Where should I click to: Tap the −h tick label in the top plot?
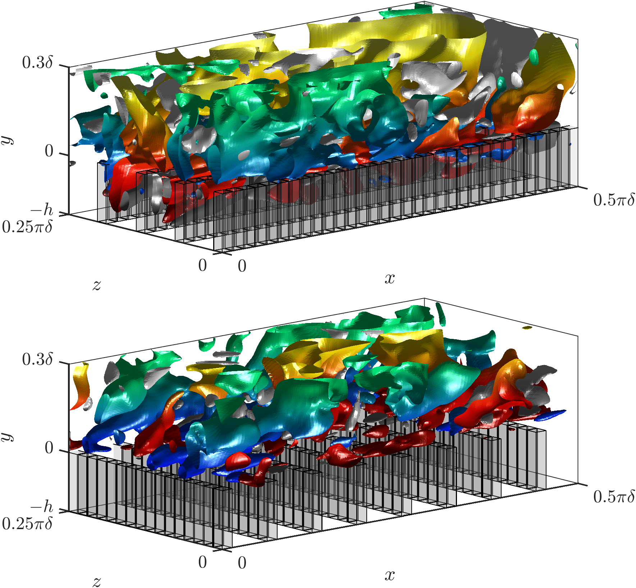point(42,210)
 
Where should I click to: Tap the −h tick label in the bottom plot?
point(42,507)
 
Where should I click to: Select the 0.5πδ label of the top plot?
point(614,200)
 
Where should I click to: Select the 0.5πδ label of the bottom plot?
point(614,496)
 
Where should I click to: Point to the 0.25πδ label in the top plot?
point(27,227)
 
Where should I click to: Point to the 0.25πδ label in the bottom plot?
point(27,524)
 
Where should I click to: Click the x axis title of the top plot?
point(390,279)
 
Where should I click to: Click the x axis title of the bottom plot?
point(390,575)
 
